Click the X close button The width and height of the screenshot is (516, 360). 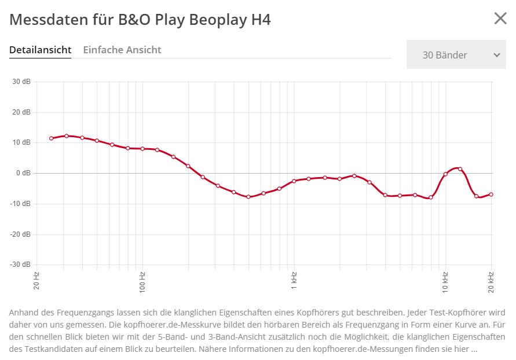(500, 19)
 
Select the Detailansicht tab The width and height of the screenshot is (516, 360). (40, 50)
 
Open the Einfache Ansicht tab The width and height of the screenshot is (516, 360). (122, 50)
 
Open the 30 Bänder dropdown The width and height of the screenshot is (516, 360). (456, 55)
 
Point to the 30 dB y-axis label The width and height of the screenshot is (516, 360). (21, 82)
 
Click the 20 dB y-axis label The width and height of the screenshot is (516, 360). (21, 112)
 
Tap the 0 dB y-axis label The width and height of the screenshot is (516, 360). (23, 173)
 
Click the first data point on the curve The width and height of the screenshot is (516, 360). (52, 138)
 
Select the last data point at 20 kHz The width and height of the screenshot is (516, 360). (491, 194)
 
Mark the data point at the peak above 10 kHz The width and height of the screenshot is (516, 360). (460, 169)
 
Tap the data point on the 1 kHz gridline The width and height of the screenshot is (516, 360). (294, 181)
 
